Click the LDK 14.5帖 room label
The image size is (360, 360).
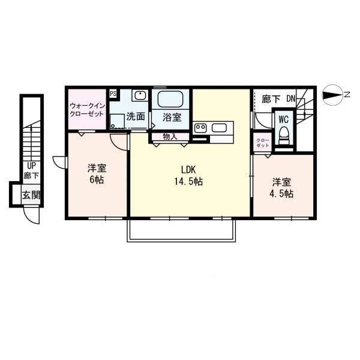point(188,174)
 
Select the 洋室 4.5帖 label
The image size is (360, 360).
point(281,188)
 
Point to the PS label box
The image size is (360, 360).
point(113,94)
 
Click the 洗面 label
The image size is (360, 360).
point(136,117)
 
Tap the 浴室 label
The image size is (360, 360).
point(170,116)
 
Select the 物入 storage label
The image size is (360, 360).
point(170,136)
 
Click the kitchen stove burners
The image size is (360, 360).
point(201,128)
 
